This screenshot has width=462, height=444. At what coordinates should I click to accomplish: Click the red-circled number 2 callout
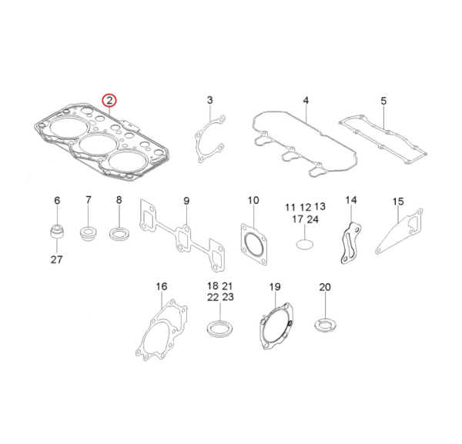109,101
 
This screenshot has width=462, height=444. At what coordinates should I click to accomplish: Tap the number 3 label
209,100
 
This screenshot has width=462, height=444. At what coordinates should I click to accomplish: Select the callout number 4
306,101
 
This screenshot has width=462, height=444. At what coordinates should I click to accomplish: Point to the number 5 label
383,101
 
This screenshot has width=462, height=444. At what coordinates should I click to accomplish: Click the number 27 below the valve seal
56,259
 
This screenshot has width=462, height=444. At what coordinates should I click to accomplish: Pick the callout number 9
186,201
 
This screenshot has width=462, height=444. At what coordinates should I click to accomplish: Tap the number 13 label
320,206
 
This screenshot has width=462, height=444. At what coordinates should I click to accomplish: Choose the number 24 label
313,219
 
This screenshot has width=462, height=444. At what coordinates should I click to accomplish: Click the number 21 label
227,286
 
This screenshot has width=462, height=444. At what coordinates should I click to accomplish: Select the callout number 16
162,286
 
